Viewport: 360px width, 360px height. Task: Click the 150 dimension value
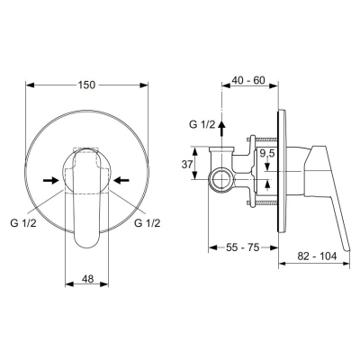[x=86, y=85]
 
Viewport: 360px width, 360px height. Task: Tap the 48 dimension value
[x=87, y=279]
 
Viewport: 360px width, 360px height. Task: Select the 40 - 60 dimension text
[x=249, y=80]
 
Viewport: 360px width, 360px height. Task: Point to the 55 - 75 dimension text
[x=242, y=247]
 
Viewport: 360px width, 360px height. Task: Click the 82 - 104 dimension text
[x=317, y=256]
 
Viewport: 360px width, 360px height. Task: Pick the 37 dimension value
[x=187, y=164]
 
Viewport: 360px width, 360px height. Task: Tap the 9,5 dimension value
[x=267, y=154]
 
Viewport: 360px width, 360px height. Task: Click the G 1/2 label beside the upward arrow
[x=202, y=124]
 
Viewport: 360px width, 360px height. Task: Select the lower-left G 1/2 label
[x=23, y=223]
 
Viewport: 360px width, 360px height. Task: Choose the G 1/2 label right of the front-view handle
[x=147, y=223]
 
